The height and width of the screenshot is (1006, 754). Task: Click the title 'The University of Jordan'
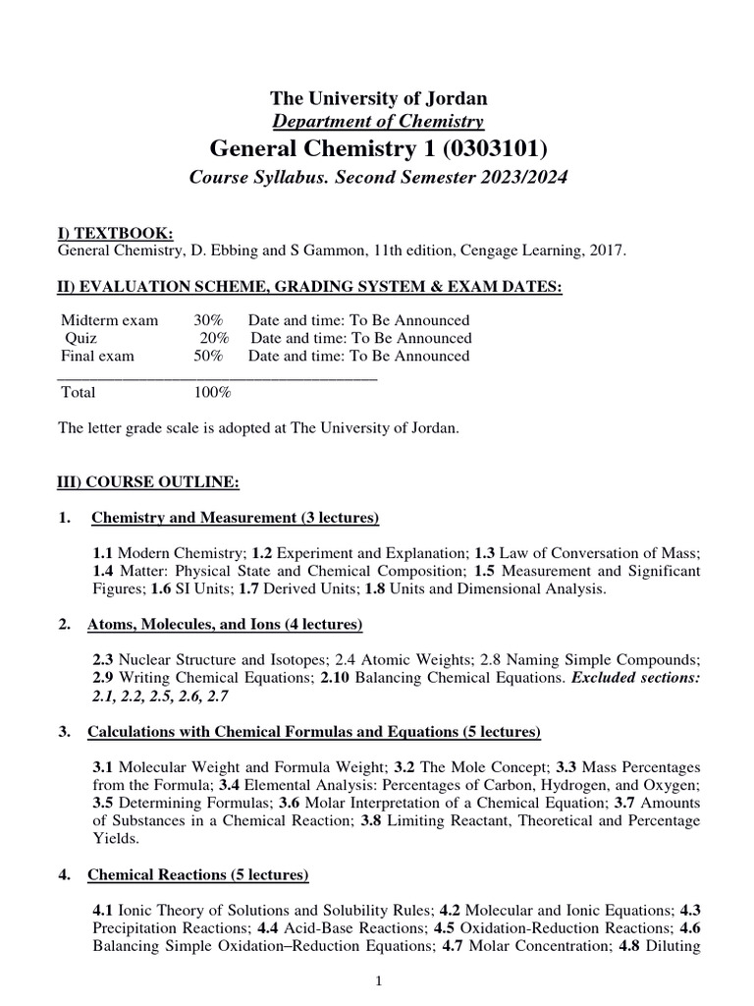378,98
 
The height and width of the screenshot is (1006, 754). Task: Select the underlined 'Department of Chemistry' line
378,122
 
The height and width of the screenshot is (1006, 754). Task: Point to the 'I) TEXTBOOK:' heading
115,233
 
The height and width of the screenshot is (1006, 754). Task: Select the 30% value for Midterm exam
208,320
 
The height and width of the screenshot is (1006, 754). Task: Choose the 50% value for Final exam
208,356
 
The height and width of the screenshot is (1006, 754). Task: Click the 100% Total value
212,392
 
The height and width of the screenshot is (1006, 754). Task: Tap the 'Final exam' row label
97,356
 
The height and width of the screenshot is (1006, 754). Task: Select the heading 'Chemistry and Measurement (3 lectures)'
235,519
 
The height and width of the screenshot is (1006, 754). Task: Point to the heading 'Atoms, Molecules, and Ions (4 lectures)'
225,625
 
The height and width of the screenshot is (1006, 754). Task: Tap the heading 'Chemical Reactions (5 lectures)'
198,874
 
